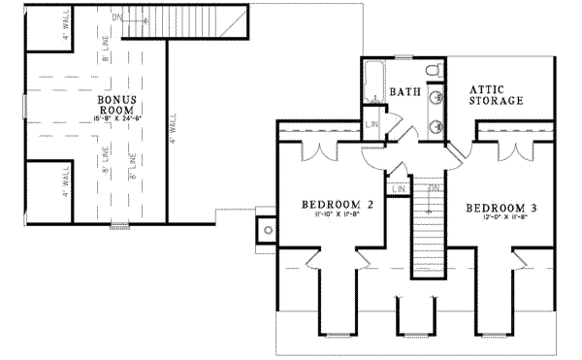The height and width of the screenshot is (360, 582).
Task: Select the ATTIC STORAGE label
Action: [496, 93]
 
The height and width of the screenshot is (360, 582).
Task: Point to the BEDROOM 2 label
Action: [338, 205]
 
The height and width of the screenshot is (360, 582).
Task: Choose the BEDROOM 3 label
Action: [501, 208]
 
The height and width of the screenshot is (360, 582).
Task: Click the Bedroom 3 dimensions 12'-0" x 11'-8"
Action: [501, 220]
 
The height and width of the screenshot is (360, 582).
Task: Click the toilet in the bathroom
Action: [434, 69]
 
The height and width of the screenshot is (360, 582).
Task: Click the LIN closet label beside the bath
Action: [372, 125]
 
